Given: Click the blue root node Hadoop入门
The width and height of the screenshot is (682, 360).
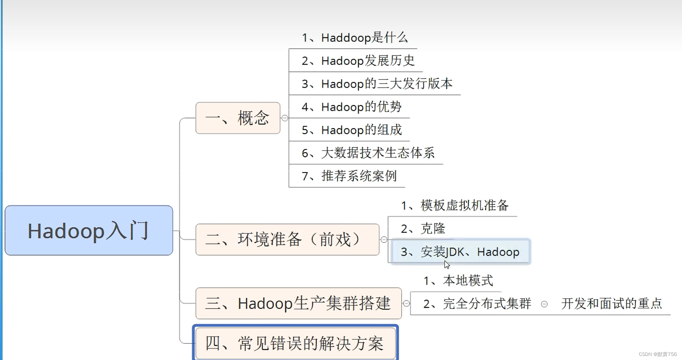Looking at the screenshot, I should (x=89, y=230).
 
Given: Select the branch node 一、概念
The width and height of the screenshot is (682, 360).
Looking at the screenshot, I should (x=238, y=118).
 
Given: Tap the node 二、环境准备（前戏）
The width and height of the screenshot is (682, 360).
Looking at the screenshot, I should (x=287, y=240).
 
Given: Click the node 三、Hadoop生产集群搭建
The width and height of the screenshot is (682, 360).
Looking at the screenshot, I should (x=298, y=303).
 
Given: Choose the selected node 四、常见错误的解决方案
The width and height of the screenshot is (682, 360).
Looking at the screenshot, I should (x=295, y=343).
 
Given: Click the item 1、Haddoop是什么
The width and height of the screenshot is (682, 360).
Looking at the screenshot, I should (x=354, y=38).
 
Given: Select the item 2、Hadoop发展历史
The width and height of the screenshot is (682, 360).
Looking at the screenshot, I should (x=358, y=61).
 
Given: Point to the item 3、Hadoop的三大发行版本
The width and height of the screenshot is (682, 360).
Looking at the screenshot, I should (x=377, y=84).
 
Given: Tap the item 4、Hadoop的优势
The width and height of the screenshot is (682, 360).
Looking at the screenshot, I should (x=351, y=107).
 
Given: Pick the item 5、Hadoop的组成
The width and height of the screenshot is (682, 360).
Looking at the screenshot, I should (x=351, y=130).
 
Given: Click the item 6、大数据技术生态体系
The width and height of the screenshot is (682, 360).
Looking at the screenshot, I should (x=368, y=153).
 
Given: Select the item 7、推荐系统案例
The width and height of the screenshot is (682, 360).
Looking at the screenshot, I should (x=349, y=176).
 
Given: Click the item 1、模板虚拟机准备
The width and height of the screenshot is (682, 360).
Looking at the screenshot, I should (x=455, y=206).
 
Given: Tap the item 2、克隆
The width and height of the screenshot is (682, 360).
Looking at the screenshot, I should (x=423, y=229).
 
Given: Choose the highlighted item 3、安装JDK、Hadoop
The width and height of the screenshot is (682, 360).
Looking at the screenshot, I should (x=460, y=252).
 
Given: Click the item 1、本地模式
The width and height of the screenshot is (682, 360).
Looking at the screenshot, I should (x=458, y=281).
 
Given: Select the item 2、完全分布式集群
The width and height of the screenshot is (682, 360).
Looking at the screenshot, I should (x=477, y=304).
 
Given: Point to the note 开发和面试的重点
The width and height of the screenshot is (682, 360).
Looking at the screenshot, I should (x=611, y=304).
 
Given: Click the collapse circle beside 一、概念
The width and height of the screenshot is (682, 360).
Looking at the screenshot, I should (x=285, y=118).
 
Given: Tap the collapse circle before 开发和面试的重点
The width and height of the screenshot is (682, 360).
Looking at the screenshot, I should (x=544, y=304).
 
